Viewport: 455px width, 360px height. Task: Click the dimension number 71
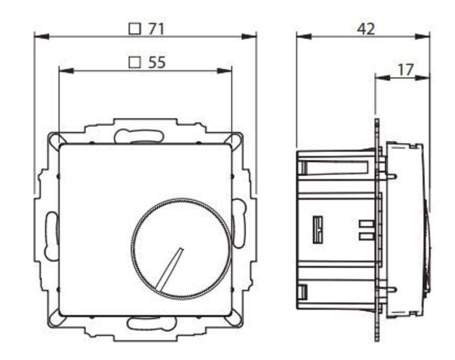(x=156, y=29)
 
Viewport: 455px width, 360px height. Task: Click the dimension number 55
(x=157, y=62)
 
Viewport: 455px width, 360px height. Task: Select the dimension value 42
(x=366, y=29)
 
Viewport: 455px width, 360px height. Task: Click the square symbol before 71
(x=135, y=29)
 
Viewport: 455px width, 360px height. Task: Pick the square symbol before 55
(x=135, y=62)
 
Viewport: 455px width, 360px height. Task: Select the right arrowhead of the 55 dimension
(x=225, y=71)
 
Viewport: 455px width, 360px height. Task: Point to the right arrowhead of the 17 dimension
(x=423, y=77)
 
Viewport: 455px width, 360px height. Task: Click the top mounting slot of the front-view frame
(x=139, y=136)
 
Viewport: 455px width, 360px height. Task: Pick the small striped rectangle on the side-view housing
(x=318, y=229)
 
